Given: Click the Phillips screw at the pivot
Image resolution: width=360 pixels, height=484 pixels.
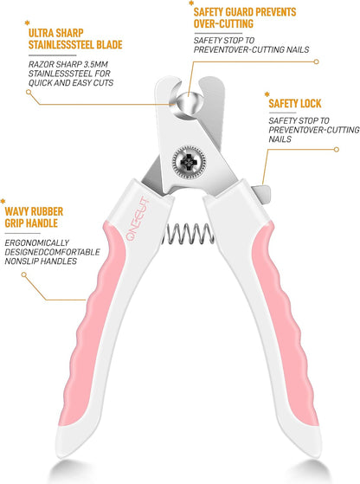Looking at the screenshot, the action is [189, 161].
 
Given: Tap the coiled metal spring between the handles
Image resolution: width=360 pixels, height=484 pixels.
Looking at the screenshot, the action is [188, 233].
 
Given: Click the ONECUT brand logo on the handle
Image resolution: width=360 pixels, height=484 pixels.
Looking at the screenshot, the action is [138, 218].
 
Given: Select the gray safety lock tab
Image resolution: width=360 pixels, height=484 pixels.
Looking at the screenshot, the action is [261, 194].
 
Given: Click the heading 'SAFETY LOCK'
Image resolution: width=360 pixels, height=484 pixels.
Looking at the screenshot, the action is [294, 103].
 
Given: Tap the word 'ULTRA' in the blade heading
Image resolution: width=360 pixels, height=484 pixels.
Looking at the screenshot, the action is [40, 33].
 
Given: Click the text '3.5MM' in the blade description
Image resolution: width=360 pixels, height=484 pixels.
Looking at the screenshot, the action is [96, 65].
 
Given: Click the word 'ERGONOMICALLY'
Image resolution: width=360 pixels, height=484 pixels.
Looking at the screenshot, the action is [36, 243].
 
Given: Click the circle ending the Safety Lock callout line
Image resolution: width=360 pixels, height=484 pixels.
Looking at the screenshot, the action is [337, 150].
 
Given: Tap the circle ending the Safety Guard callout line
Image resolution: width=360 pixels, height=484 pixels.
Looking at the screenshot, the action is [316, 61].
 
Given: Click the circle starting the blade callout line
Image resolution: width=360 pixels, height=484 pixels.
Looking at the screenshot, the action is [29, 92].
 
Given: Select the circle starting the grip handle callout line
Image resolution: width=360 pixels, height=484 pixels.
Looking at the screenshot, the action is [23, 274].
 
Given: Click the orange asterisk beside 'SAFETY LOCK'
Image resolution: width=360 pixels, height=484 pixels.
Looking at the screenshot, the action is [267, 94].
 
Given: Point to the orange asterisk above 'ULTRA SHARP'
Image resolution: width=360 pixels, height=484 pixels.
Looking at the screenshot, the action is [27, 23].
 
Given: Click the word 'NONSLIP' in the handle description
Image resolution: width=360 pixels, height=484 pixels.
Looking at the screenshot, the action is [22, 261].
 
